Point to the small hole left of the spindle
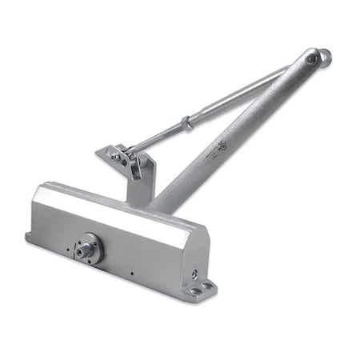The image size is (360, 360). coord(68,250)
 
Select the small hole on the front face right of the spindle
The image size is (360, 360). coord(130,271)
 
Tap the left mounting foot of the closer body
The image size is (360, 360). coord(30,236)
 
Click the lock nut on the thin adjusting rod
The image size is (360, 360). coord(186,124)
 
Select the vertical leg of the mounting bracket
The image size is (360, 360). coord(136,188)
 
